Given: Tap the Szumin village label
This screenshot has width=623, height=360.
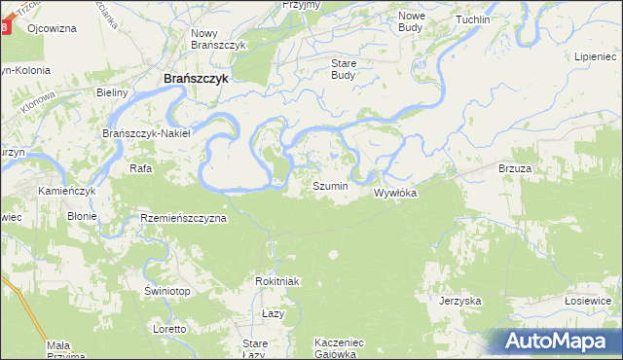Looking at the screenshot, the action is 329,185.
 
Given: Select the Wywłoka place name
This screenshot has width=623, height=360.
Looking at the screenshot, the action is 395,193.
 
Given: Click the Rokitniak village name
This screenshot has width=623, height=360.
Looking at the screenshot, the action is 275,281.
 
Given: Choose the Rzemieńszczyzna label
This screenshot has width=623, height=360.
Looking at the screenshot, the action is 183,218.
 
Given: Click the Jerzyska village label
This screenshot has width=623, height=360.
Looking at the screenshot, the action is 460,301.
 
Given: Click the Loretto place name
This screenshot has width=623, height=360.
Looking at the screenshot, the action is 169,329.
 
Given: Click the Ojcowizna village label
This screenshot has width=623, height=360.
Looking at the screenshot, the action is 53,28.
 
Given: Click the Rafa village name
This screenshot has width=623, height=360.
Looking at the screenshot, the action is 138,168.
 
